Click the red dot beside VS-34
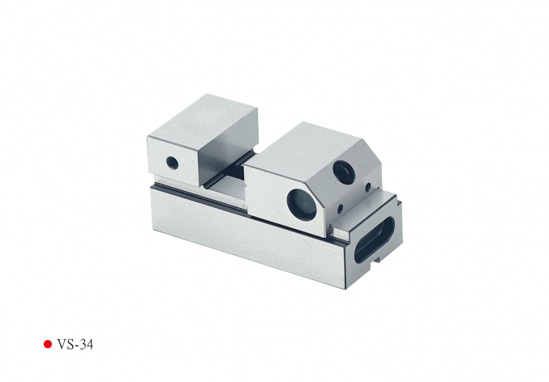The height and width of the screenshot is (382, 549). coord(48,344)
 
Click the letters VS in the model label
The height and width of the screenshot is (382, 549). coord(65,345)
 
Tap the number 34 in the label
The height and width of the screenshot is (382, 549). coord(87,345)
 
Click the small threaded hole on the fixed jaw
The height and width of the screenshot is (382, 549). coord(172,163)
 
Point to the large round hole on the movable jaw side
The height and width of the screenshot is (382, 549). coord(301,205)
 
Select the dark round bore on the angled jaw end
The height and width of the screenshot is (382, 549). coord(344,172)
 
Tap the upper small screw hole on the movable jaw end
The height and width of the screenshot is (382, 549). coord(367,187)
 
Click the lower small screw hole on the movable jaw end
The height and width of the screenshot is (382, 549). coord(340,209)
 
